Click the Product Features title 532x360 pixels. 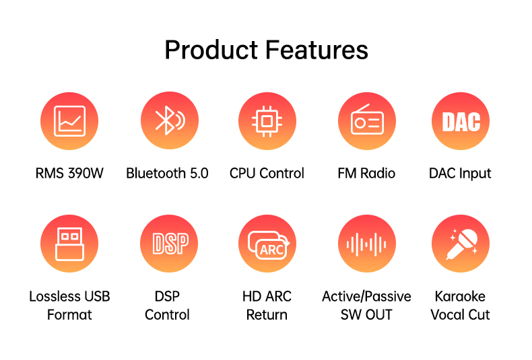coord(267,50)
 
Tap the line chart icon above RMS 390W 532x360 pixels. coord(69,121)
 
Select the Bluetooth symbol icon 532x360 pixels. coord(170,120)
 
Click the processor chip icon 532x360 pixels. coord(267,121)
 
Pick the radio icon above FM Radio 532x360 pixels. coord(367,121)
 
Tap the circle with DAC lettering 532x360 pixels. coord(461,121)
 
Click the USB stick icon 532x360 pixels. coord(69,244)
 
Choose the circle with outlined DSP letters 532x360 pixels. coord(169,244)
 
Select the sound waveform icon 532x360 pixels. coord(367,244)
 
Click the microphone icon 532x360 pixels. coord(461,244)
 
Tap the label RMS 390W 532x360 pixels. coord(69,173)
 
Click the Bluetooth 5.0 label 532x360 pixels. coord(167,173)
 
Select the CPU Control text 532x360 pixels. coord(267,173)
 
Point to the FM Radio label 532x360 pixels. coord(366,173)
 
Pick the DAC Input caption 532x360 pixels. coord(460,174)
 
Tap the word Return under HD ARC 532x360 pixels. coord(267,314)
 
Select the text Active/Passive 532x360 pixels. coord(366,297)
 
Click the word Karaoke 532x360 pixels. coord(460,296)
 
